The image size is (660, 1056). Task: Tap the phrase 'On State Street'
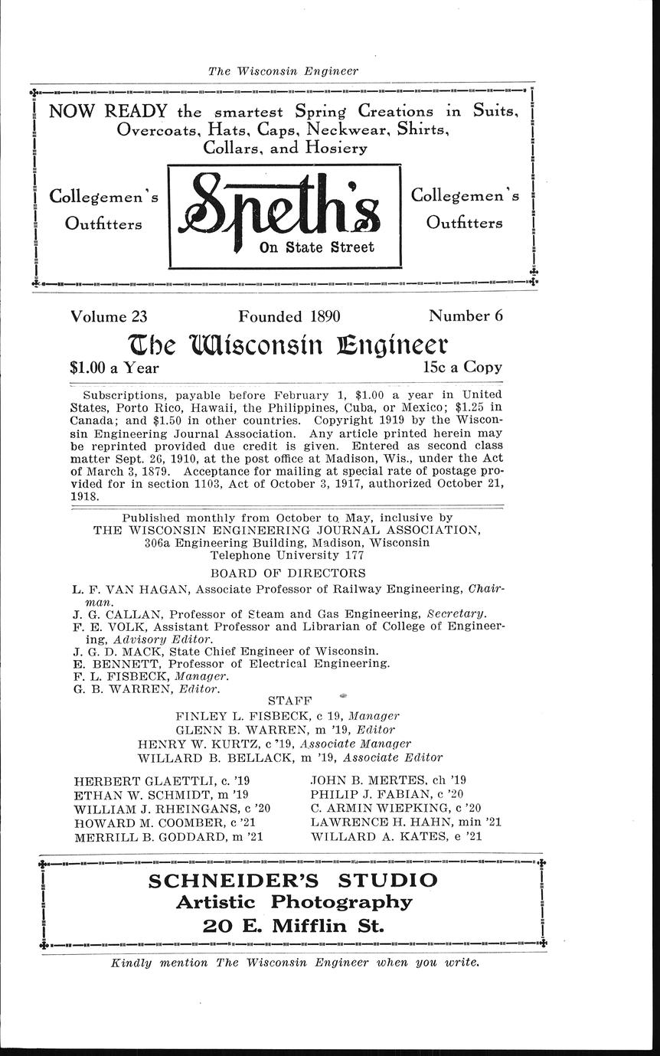[317, 247]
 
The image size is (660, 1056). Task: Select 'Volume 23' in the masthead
[109, 315]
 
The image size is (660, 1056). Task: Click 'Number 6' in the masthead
[466, 315]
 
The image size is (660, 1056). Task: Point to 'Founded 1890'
[289, 315]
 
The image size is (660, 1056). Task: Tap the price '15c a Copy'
[462, 367]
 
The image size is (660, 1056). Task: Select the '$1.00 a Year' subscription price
[115, 368]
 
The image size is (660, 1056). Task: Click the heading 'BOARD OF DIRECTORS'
[288, 573]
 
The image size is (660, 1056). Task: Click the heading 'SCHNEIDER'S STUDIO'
[293, 881]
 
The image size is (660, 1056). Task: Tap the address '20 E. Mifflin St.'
[293, 925]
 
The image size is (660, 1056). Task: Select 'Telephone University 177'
[286, 554]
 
